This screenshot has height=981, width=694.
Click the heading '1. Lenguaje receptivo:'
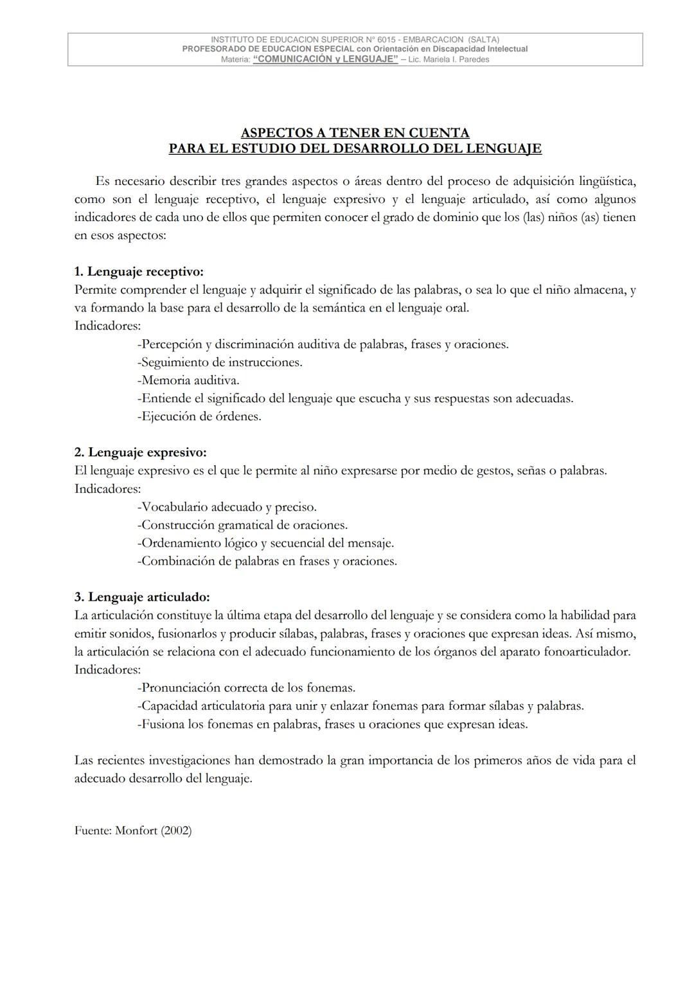tap(139, 272)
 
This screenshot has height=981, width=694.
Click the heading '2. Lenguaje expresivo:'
tap(140, 452)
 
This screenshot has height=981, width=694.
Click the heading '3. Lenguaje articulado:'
tap(142, 597)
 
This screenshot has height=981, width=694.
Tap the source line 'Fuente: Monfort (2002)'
tap(133, 830)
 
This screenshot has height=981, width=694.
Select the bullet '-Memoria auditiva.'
tap(188, 380)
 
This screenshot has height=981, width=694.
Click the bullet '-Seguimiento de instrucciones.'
tap(220, 362)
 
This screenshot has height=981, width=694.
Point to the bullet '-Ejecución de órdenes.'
tap(199, 416)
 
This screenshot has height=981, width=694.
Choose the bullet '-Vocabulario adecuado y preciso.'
tap(227, 506)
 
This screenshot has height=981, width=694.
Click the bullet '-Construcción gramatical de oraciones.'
tap(242, 524)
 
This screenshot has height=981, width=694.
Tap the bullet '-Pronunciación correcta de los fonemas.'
tap(246, 687)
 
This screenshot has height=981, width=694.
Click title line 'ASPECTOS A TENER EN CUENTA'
tap(355, 133)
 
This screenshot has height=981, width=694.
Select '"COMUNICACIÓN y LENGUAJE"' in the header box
tap(326, 59)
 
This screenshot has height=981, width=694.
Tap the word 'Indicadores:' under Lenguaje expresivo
tap(107, 488)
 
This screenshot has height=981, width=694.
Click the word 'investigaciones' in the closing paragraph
tap(188, 760)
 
